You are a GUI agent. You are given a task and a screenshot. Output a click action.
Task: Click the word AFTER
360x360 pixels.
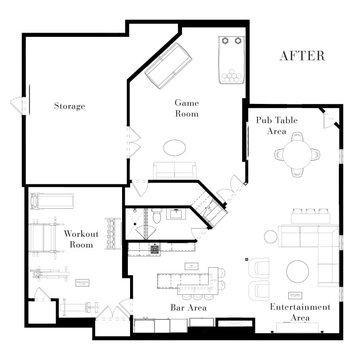pyautogui.click(x=302, y=56)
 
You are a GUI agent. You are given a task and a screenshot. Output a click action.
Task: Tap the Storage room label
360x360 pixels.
pyautogui.click(x=69, y=105)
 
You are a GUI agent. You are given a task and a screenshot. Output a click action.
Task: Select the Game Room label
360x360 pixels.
pyautogui.click(x=187, y=108)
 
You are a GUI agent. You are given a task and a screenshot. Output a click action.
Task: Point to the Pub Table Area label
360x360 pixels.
pyautogui.click(x=265, y=125)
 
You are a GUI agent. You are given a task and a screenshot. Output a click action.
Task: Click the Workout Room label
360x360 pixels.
pyautogui.click(x=80, y=238)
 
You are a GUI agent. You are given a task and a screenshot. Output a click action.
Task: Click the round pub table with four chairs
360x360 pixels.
pyautogui.click(x=299, y=153)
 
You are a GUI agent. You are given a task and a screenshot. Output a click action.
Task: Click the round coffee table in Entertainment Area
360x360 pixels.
pyautogui.click(x=297, y=269)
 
